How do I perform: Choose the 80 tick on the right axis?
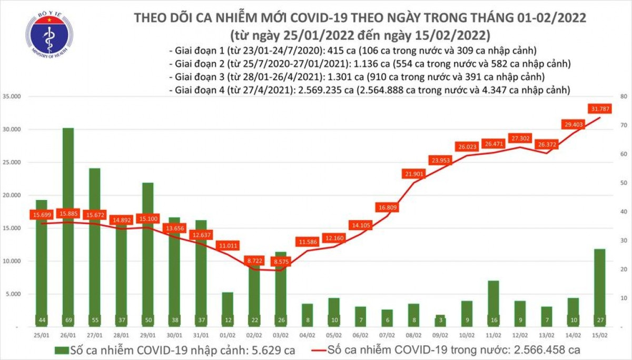tap(623, 97)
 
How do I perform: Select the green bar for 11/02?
tap(493, 303)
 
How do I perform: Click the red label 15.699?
tap(41, 215)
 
